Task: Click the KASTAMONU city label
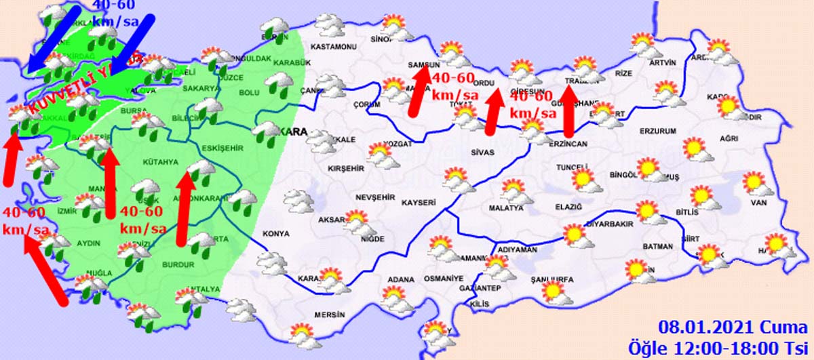(x=333, y=47)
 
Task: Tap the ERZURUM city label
(x=658, y=131)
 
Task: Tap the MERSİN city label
(x=330, y=315)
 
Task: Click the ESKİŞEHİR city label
(x=222, y=148)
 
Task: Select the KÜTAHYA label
(x=160, y=163)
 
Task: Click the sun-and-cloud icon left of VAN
(x=703, y=197)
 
